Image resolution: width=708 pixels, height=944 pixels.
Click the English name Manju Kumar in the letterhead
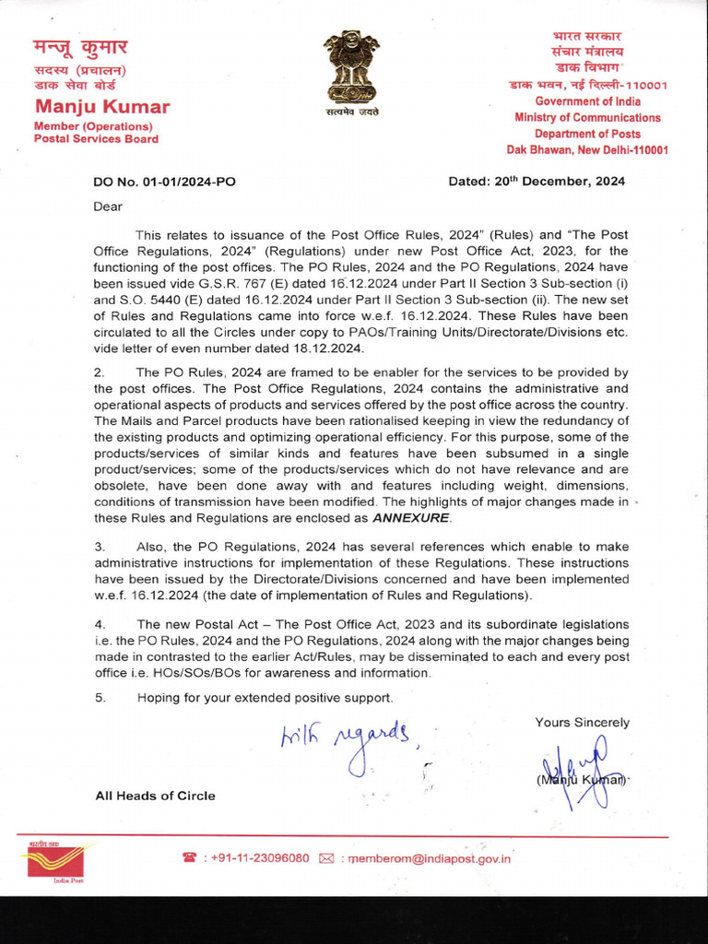pos(101,107)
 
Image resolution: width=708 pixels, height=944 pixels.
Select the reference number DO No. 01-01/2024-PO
pos(164,182)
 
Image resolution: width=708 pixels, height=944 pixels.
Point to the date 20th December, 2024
pos(537,182)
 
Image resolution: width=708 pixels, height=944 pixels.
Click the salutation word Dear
pos(108,206)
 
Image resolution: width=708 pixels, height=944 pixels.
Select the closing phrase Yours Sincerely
pos(582,723)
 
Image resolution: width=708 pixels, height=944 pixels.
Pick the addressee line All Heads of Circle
pos(155,796)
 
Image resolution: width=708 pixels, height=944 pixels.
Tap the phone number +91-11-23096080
pos(260,858)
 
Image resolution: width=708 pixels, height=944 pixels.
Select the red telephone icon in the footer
pos(189,858)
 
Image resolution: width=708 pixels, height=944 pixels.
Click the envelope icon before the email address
pos(325,858)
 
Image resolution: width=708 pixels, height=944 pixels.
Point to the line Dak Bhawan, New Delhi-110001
pos(587,150)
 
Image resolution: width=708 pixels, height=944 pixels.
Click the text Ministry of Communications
pos(587,117)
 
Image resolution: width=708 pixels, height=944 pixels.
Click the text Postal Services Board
pos(96,139)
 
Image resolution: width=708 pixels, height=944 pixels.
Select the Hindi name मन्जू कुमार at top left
pos(81,47)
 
